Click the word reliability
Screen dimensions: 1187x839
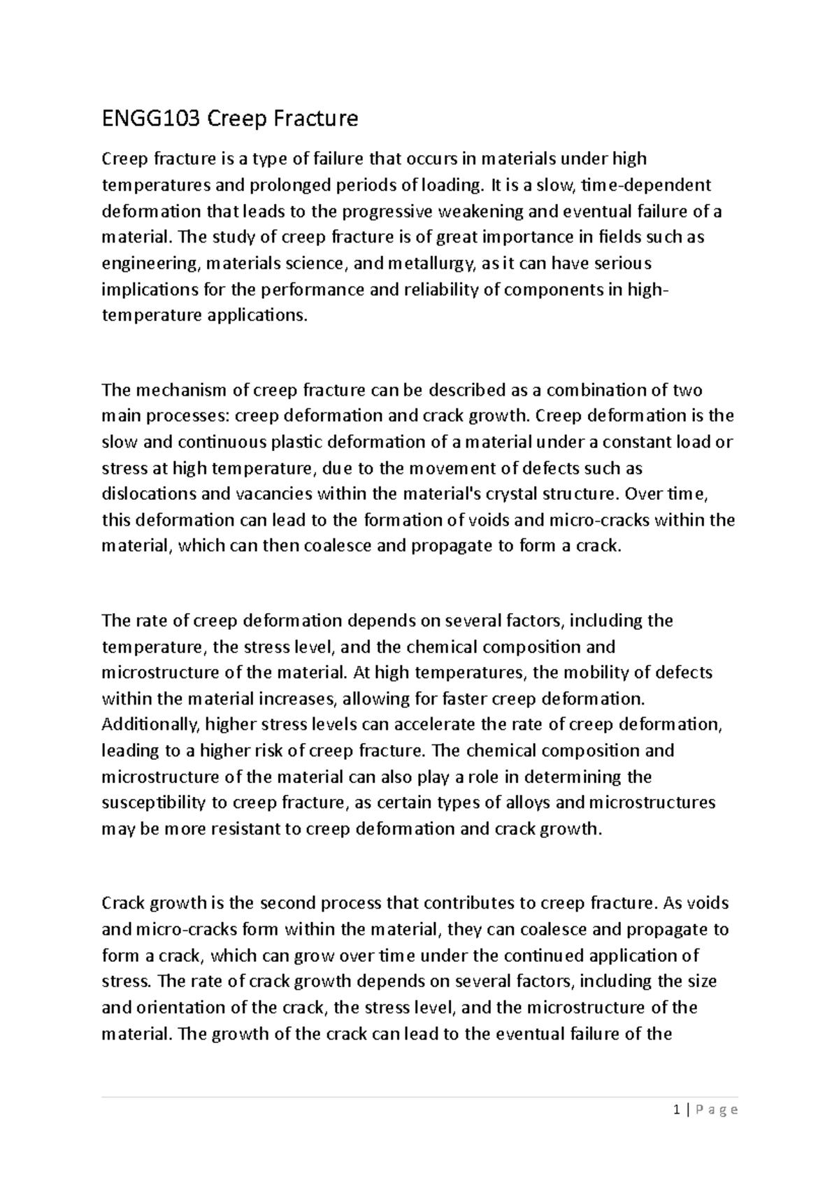440,289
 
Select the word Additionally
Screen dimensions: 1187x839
149,725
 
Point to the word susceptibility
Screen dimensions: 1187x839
153,803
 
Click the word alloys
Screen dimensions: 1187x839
543,803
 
